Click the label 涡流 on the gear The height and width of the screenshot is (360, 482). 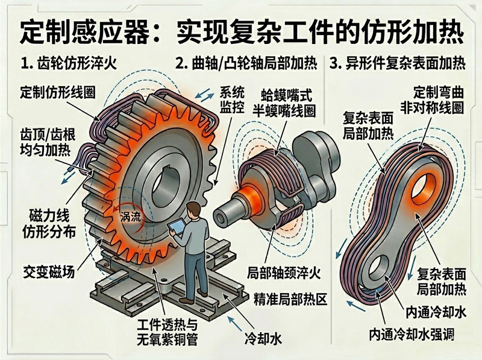coord(130,216)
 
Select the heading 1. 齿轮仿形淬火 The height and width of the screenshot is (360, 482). coord(69,63)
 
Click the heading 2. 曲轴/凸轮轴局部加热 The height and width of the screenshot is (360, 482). coord(246,63)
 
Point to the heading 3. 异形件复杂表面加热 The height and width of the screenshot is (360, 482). coord(397,63)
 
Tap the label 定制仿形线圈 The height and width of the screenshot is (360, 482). coord(58,92)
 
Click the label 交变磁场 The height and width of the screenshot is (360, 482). coord(49,272)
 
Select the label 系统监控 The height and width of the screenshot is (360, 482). coord(232,99)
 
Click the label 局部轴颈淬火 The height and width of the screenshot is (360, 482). coord(284,273)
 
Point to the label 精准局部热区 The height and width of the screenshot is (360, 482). coord(290,299)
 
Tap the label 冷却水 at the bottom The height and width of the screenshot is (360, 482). coord(263,339)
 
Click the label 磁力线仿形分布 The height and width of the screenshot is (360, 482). coord(49,224)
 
